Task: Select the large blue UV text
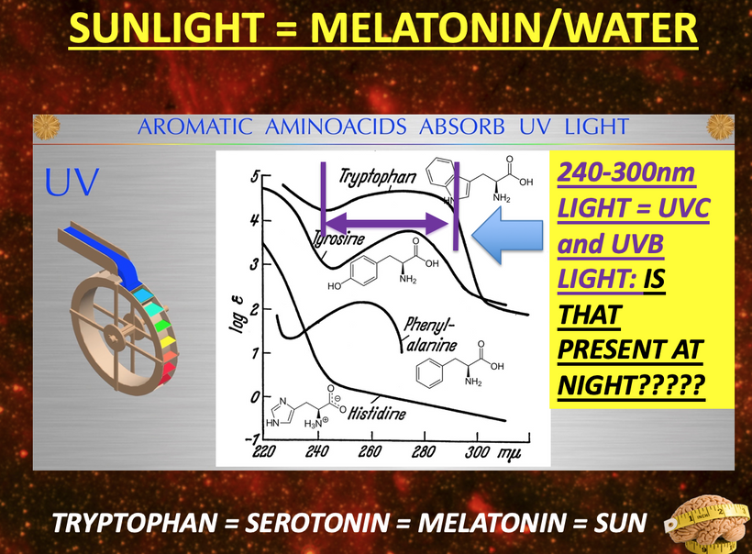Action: pos(72,183)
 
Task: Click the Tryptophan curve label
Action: pos(378,177)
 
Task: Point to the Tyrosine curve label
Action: pos(339,238)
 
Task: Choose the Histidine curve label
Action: pos(377,413)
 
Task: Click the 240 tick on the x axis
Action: pos(317,451)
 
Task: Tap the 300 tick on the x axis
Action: pos(477,451)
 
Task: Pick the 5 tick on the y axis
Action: pos(255,176)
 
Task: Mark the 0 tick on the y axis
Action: pos(255,396)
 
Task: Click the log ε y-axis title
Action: pos(237,315)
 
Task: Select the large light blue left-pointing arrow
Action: pos(507,235)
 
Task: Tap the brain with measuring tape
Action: pos(708,525)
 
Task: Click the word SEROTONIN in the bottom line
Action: pos(317,523)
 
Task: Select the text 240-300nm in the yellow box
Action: pos(626,172)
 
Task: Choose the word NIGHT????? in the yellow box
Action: pos(631,385)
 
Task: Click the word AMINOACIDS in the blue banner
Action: pos(336,127)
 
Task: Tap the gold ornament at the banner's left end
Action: pos(47,127)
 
